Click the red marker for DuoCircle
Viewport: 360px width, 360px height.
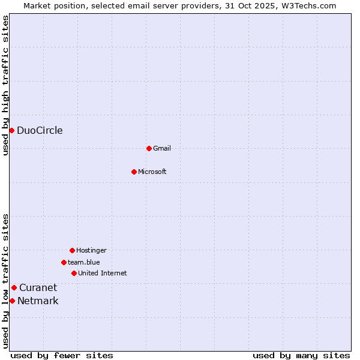point(11,130)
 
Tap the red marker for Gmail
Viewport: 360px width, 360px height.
point(149,148)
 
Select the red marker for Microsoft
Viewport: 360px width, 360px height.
point(134,172)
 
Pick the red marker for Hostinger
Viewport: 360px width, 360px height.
point(72,250)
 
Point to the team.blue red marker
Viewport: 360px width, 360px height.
point(64,262)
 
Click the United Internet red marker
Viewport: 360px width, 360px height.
point(74,273)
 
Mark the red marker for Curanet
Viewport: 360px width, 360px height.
point(14,287)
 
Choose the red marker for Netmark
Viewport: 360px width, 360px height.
point(12,301)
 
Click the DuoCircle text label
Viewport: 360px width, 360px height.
point(40,131)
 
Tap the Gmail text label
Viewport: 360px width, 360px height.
point(162,148)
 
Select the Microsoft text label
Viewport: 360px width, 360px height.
point(152,172)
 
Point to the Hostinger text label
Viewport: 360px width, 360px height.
point(91,250)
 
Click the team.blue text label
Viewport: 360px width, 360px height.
point(84,262)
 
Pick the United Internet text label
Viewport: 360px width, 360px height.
point(103,273)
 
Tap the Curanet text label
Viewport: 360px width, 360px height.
point(38,288)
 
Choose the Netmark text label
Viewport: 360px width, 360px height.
point(38,301)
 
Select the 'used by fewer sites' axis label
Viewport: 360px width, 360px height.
point(62,355)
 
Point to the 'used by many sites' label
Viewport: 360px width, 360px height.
point(301,355)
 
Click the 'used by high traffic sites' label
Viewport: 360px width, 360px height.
point(5,86)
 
